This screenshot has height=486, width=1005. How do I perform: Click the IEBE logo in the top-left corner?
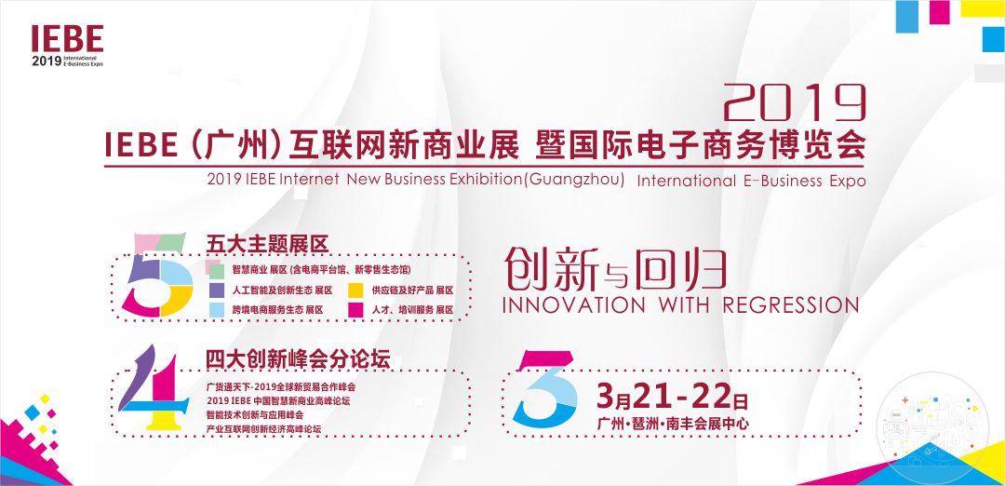click(x=67, y=47)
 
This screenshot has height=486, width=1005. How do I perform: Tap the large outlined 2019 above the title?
click(x=795, y=102)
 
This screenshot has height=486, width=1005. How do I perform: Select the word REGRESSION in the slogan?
click(x=790, y=305)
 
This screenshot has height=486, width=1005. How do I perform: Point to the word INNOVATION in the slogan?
click(x=573, y=305)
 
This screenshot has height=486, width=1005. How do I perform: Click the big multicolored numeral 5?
click(x=157, y=275)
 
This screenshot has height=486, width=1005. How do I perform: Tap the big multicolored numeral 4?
click(x=154, y=387)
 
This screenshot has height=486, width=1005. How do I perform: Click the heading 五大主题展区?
click(x=267, y=244)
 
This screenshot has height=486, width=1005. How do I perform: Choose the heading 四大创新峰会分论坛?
click(x=298, y=359)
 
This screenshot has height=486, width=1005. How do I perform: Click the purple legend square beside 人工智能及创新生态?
click(x=217, y=290)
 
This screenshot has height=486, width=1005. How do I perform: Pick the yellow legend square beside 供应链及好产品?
click(x=355, y=290)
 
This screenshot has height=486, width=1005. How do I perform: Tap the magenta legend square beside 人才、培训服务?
click(x=355, y=310)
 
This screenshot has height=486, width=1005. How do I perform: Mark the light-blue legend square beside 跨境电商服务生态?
click(x=217, y=310)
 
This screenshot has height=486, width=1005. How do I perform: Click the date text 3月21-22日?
click(x=673, y=398)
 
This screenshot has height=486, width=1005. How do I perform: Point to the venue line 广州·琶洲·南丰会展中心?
click(x=673, y=424)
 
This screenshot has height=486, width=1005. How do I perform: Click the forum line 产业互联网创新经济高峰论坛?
click(x=263, y=429)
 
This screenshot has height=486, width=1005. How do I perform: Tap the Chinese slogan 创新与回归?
click(x=615, y=269)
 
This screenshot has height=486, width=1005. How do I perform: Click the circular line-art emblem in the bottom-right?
click(x=932, y=420)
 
